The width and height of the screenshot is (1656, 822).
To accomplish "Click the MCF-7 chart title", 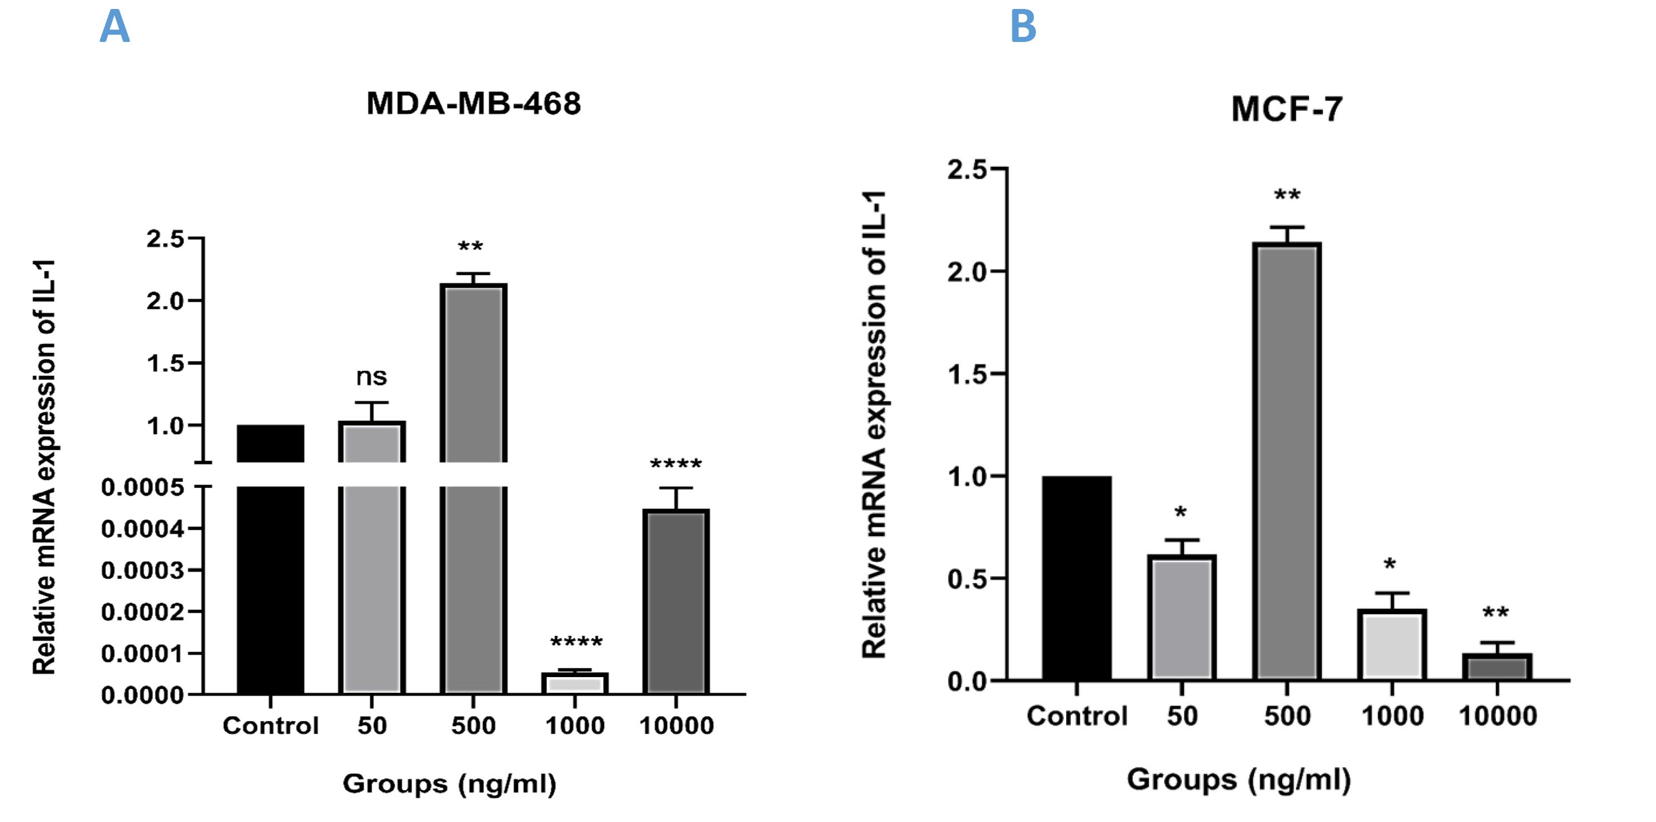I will pos(1287,109).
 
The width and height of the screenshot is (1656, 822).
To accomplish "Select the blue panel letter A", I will pos(114,27).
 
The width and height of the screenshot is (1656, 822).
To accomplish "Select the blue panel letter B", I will pos(1023,27).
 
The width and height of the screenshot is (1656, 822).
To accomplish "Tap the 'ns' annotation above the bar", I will pos(372,377).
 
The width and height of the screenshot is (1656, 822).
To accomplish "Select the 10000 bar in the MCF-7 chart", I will pos(1497,666).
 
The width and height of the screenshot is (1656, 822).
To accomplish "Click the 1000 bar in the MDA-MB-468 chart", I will pos(575,683).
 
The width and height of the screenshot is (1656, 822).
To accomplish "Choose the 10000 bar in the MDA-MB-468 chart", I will pos(675,601).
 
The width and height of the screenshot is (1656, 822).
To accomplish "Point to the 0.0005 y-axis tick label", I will pos(143,487).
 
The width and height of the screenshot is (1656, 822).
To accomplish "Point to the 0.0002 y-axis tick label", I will pos(143,612).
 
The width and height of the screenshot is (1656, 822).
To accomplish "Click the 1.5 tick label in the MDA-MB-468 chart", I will pos(165,364).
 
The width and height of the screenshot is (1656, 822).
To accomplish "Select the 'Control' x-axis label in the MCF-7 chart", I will pos(1077,716).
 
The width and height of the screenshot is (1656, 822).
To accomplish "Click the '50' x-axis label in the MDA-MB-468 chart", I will pos(372,726).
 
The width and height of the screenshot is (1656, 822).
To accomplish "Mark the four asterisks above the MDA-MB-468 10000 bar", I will pos(675,464).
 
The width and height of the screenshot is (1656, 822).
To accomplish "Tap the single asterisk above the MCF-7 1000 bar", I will pos(1390,566).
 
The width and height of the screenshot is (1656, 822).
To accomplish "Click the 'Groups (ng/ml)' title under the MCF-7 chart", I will pos(1239,779).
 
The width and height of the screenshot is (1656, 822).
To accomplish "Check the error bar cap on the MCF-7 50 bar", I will pos(1181,540).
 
